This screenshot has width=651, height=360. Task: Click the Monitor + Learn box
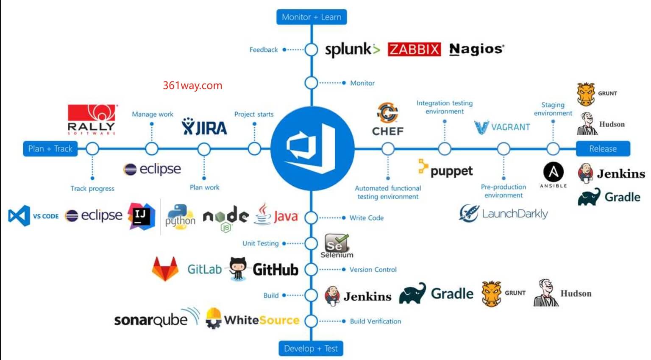(312, 17)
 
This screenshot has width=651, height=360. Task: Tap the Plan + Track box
(50, 149)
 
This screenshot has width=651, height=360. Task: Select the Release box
(603, 149)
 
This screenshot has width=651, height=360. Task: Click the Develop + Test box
(311, 349)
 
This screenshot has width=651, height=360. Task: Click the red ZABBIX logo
(414, 49)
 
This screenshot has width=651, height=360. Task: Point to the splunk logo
(352, 50)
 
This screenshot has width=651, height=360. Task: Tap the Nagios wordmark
(476, 49)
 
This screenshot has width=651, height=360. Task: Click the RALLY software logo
(92, 119)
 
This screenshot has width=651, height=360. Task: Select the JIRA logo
(204, 127)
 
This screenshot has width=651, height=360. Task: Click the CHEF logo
(387, 119)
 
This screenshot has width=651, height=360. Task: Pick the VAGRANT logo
(502, 127)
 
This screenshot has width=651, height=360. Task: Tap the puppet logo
(445, 170)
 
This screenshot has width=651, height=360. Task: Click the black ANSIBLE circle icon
(554, 172)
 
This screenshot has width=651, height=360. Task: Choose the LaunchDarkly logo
(504, 213)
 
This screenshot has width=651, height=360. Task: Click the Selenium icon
(337, 245)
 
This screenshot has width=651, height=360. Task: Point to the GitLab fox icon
(165, 269)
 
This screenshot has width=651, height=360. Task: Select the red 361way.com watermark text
(192, 85)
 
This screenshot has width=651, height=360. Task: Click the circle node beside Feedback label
(311, 50)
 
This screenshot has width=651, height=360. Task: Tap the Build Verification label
(375, 321)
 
